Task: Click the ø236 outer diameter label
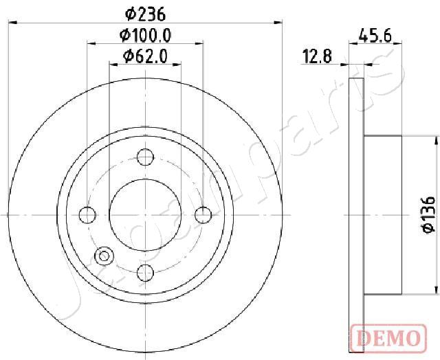[145, 14]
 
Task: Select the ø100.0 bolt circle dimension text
[145, 36]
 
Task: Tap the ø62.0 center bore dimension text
[145, 56]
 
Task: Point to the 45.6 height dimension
[375, 36]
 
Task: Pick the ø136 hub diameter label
[429, 215]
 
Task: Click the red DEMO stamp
[388, 338]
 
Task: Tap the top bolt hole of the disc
[145, 157]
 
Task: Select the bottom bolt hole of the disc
[145, 273]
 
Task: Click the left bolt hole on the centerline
[87, 215]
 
